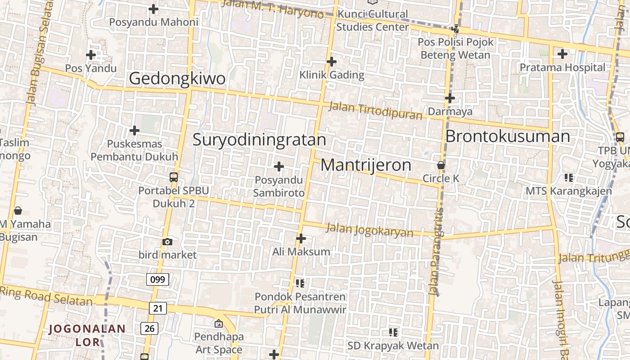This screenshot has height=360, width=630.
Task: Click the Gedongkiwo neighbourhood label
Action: click(x=177, y=78)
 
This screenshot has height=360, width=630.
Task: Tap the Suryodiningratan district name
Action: click(x=259, y=139)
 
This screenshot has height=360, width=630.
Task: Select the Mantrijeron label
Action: click(x=365, y=165)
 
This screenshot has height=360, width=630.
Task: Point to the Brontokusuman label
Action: click(x=508, y=136)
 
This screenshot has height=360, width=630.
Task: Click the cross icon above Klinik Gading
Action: click(x=332, y=62)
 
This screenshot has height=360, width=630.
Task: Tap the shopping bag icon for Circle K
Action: click(x=441, y=165)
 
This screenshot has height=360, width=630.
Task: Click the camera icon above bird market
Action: click(x=167, y=242)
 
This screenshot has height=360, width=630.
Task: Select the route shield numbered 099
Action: click(x=157, y=279)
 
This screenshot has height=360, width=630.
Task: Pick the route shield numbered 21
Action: click(x=157, y=308)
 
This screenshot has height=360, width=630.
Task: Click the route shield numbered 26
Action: click(x=149, y=328)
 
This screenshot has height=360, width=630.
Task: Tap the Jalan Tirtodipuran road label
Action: click(x=375, y=111)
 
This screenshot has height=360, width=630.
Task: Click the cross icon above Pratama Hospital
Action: click(x=562, y=54)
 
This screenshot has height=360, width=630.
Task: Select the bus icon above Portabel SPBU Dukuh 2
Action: click(x=174, y=177)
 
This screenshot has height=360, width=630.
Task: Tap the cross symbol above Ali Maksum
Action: click(x=301, y=238)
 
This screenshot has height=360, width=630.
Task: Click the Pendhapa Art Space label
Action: click(x=219, y=343)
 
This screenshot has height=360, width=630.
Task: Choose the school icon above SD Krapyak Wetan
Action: click(x=393, y=333)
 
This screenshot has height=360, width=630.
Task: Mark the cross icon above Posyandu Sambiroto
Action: click(x=279, y=167)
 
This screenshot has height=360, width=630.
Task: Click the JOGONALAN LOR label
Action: click(x=87, y=335)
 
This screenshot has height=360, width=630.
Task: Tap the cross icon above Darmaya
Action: click(x=450, y=98)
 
